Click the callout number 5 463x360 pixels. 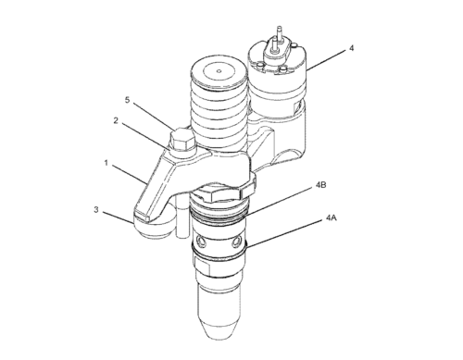coord(127,100)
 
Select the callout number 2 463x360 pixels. coord(116,120)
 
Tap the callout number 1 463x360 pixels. coord(106,163)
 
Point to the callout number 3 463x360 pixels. coord(96,209)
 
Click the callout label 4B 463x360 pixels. coord(321,185)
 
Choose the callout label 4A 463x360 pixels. coord(332,217)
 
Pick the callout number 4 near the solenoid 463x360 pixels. coord(351,48)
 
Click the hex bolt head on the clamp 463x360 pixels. coord(181,140)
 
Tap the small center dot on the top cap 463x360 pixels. coord(219,71)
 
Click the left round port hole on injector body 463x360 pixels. coord(201,241)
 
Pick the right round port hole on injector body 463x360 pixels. coord(236,242)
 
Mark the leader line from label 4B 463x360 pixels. coord(277,203)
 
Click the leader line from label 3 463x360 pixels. coord(119,217)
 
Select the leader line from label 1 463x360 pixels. coord(130,175)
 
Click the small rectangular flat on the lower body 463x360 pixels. coord(202,267)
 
